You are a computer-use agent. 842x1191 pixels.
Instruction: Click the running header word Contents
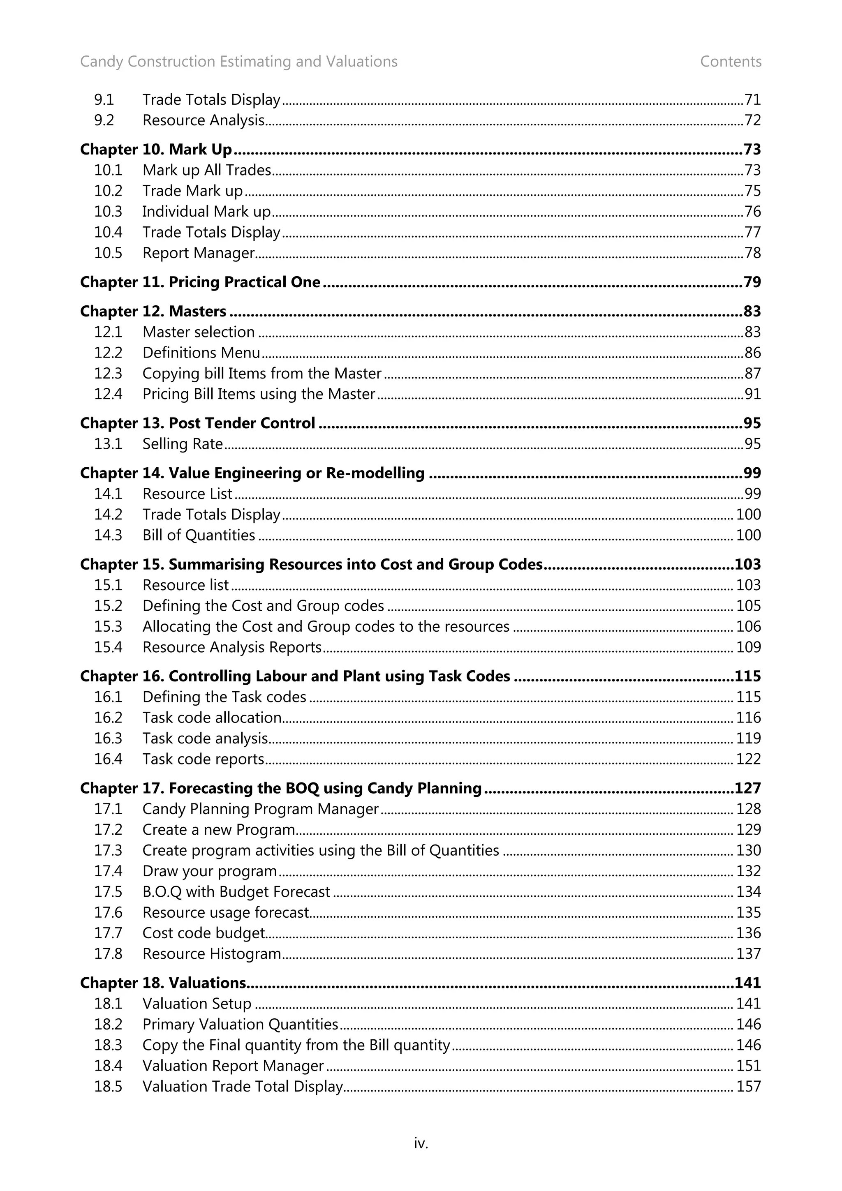[731, 62]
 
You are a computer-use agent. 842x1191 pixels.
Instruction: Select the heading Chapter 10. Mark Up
[156, 150]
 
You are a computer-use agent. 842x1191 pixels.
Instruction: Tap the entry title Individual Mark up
[206, 212]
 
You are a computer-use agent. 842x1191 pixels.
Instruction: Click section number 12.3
[108, 374]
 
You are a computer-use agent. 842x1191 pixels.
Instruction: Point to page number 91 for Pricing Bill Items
[752, 394]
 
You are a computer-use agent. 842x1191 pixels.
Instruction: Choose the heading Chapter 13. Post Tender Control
[198, 423]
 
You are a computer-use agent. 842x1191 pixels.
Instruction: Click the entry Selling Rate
[183, 444]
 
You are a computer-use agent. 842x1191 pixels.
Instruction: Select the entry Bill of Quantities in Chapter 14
[199, 535]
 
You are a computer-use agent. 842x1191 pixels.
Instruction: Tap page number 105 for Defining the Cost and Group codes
[748, 606]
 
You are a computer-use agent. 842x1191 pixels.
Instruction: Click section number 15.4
[108, 647]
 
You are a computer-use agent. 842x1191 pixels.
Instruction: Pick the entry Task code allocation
[212, 718]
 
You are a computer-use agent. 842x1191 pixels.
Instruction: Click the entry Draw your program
[210, 871]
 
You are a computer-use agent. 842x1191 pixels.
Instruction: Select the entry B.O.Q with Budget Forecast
[236, 892]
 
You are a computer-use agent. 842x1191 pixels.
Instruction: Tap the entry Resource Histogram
[212, 954]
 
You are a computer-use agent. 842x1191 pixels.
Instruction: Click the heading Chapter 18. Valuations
[163, 983]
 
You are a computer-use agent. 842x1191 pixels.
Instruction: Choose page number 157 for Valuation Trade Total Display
[748, 1087]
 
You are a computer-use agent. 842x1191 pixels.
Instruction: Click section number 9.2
[104, 120]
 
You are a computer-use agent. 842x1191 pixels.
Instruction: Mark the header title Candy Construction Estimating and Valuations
[238, 62]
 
